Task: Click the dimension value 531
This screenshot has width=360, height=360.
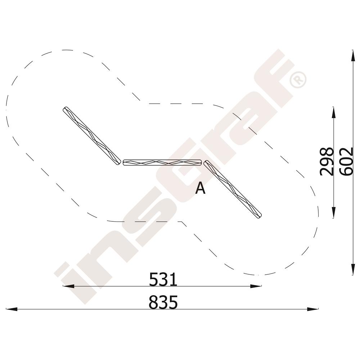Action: tap(163, 279)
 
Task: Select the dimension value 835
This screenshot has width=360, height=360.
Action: tap(163, 302)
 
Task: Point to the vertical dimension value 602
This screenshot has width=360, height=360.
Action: tap(346, 162)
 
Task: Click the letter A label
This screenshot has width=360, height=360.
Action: tap(200, 188)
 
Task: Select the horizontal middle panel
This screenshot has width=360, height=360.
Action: tap(162, 163)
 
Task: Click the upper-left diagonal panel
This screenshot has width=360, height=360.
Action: tap(92, 136)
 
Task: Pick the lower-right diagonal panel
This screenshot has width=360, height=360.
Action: tap(233, 189)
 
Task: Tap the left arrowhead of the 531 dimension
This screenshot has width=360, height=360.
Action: tap(68, 286)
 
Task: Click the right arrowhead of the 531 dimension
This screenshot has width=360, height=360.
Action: tap(256, 286)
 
